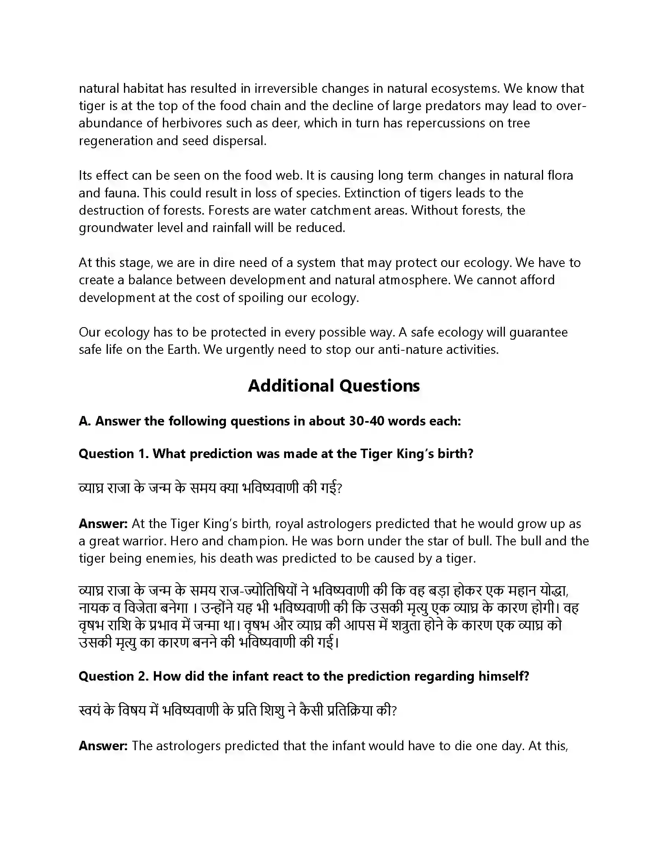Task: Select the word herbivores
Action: click(192, 123)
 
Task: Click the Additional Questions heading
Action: click(334, 385)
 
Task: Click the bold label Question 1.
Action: click(113, 453)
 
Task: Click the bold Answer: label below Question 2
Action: click(103, 746)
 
